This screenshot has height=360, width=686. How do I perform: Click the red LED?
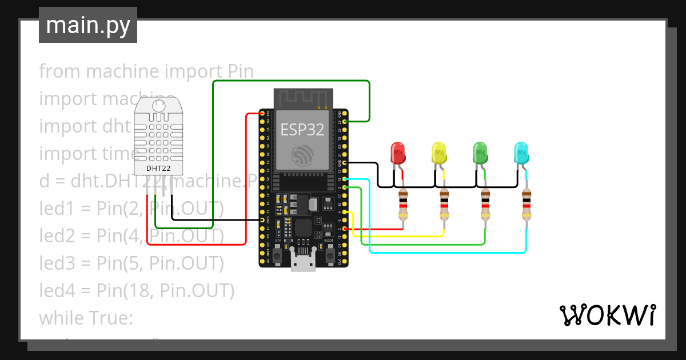(x=398, y=153)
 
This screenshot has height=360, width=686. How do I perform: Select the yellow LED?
(x=439, y=153)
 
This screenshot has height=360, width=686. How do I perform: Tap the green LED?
(x=480, y=153)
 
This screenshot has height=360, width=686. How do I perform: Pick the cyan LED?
(x=521, y=153)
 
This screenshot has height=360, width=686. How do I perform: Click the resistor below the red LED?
(x=403, y=205)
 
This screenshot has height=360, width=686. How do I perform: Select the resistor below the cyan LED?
(x=527, y=205)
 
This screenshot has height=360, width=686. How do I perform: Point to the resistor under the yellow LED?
(x=444, y=205)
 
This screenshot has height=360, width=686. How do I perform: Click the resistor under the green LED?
(x=485, y=205)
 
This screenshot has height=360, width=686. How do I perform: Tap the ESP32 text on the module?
(x=302, y=130)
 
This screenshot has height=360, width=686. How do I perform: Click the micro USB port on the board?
(x=302, y=263)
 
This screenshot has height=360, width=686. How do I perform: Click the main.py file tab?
(x=88, y=25)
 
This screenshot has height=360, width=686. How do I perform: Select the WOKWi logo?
(x=607, y=315)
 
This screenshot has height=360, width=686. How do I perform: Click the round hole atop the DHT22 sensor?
(x=159, y=106)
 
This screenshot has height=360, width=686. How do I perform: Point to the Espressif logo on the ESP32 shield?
(x=302, y=156)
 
